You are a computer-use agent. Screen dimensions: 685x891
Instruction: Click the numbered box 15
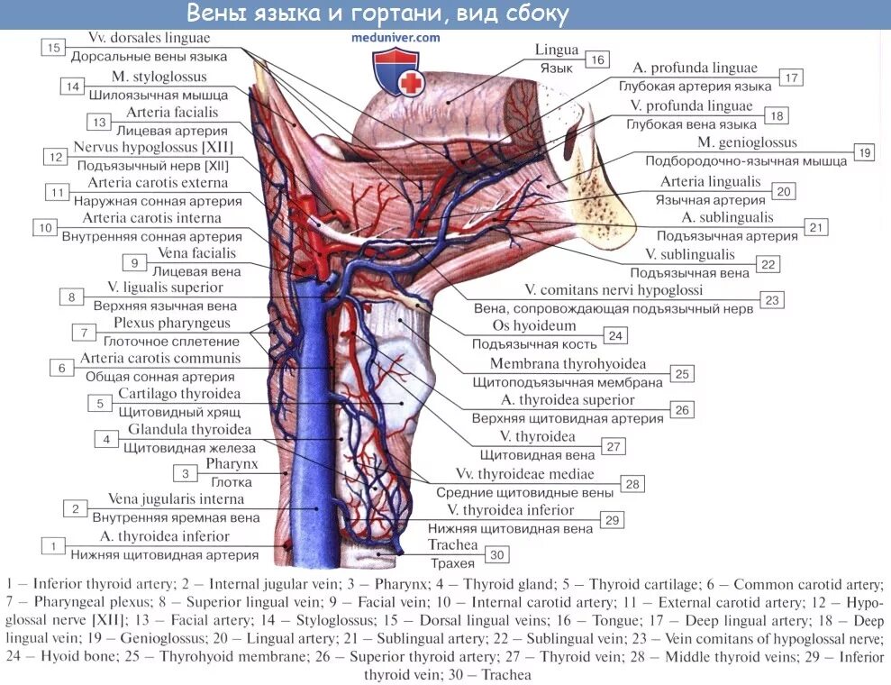point(53,47)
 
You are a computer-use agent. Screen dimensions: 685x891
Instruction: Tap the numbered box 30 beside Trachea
point(496,555)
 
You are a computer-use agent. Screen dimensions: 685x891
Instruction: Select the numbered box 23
point(772,299)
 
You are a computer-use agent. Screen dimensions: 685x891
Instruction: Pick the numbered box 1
point(53,545)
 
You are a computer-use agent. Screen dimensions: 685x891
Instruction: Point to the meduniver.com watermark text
point(396,38)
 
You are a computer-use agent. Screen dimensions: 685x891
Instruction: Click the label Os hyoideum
point(526,325)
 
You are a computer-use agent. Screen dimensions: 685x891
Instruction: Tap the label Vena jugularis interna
point(176,498)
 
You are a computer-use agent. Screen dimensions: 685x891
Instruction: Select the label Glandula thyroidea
point(189,429)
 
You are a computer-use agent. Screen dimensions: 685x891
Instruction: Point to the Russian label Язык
point(556,68)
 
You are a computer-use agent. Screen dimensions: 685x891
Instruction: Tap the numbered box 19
point(863,152)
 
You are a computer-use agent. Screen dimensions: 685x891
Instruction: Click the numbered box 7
point(83,333)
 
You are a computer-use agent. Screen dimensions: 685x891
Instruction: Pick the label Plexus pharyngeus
point(171,323)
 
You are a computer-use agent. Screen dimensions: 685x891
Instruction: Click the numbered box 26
point(682,409)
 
